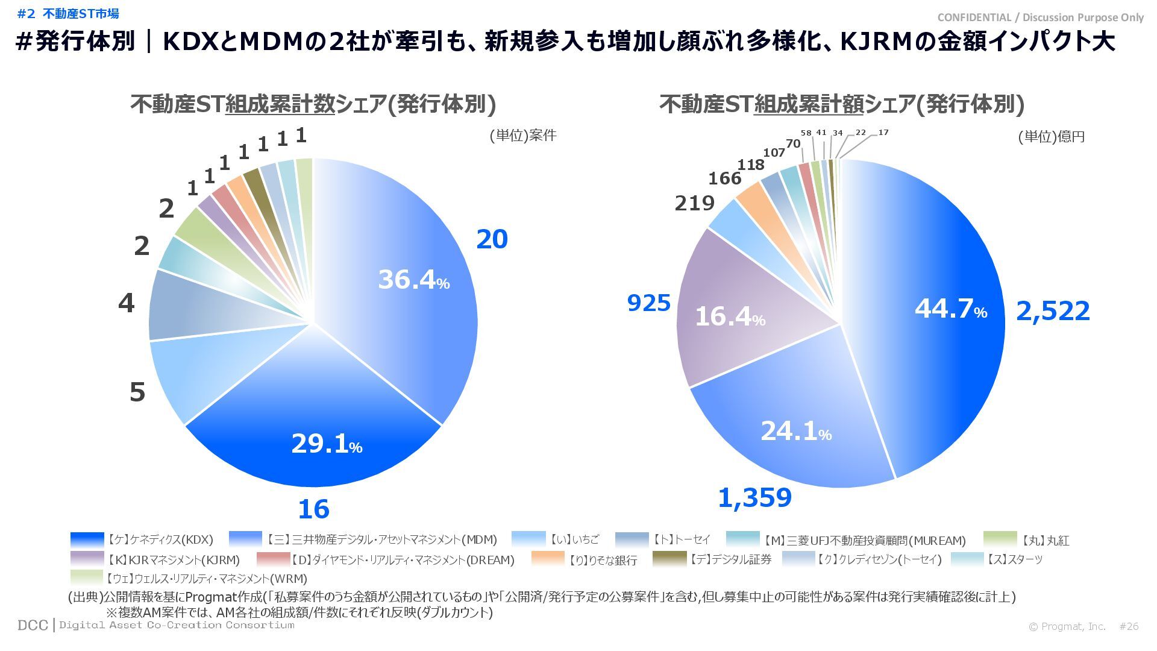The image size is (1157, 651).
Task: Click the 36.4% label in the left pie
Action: tap(413, 280)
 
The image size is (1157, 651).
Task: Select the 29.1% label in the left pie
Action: tap(327, 444)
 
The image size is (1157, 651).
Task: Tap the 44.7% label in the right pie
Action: tap(950, 309)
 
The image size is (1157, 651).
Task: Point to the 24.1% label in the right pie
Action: tap(795, 431)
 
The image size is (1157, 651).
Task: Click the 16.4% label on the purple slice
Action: tap(730, 316)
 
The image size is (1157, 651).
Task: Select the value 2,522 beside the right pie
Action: tap(1053, 311)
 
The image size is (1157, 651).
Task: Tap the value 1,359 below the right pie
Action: tap(754, 498)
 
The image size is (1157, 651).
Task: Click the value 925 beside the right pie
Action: tap(649, 303)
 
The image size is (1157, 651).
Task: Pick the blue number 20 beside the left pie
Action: tap(492, 239)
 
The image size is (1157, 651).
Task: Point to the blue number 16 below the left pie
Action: tap(313, 509)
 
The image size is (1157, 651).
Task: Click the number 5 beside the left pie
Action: tap(137, 392)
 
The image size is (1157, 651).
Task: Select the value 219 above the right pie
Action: tap(694, 203)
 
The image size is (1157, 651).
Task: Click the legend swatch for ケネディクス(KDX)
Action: tap(87, 539)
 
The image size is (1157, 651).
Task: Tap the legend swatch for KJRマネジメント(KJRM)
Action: tap(87, 559)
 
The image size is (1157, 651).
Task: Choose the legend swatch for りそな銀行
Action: tap(548, 559)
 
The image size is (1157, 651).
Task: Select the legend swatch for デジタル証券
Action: tap(669, 559)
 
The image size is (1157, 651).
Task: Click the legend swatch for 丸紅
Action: tap(1000, 539)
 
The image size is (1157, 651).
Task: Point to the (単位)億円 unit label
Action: tap(1051, 137)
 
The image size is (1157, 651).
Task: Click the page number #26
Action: tap(1129, 626)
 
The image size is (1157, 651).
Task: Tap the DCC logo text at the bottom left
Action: tap(33, 625)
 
